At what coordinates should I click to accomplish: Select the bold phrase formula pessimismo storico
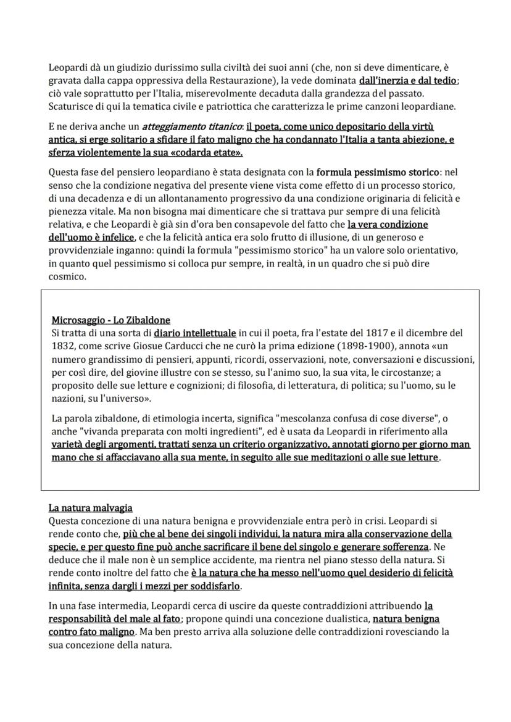[379, 173]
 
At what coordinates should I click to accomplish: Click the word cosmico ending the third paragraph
[67, 276]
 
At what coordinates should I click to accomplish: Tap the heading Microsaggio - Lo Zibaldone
[111, 320]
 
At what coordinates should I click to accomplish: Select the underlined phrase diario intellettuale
[195, 333]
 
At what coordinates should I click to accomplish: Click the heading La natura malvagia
[91, 508]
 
